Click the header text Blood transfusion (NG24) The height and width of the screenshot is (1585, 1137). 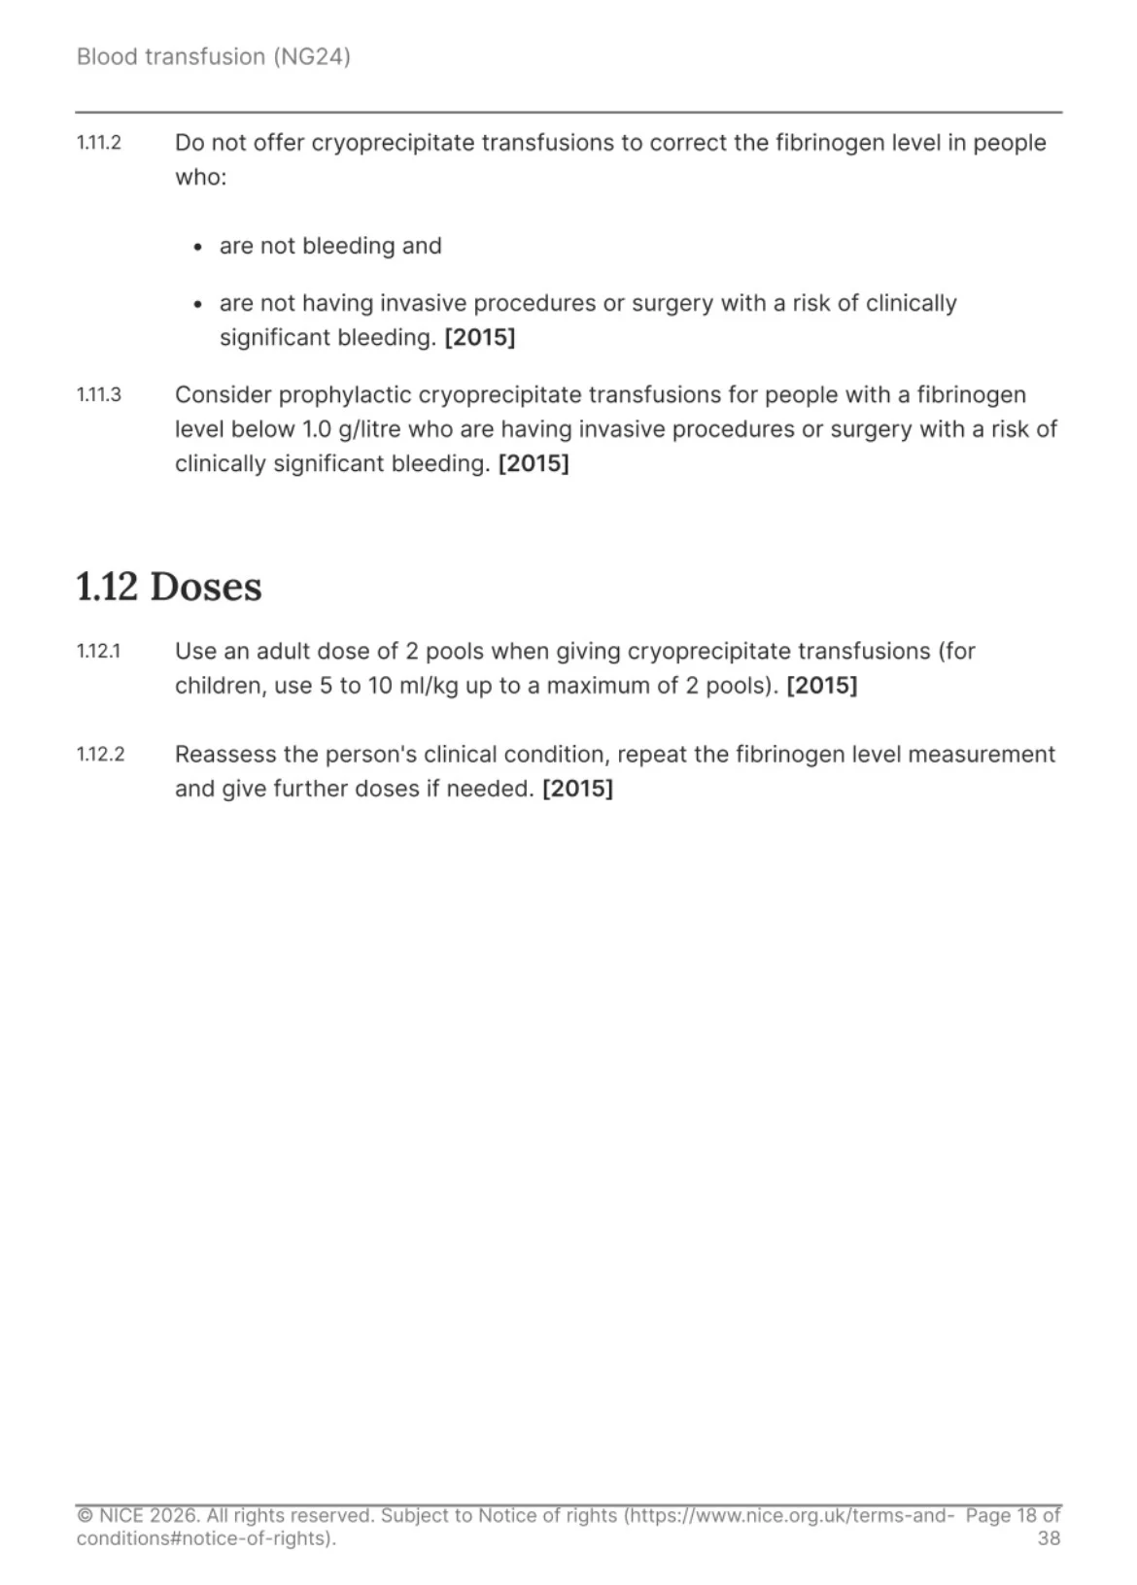[213, 56]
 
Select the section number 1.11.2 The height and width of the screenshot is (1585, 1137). [98, 143]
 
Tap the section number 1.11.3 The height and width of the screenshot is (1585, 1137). [98, 394]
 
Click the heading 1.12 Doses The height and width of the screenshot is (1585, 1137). [169, 587]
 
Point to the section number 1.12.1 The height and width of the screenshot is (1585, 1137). [98, 651]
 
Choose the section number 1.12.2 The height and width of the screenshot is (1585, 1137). [100, 754]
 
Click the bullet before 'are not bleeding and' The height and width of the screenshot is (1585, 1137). [198, 247]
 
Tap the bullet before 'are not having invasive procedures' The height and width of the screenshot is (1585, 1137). [198, 304]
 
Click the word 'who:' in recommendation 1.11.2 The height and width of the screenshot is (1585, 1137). [200, 177]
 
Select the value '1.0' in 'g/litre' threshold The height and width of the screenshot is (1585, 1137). [317, 429]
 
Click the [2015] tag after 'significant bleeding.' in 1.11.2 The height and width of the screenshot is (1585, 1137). [480, 338]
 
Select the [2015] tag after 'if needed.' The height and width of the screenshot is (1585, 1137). [577, 789]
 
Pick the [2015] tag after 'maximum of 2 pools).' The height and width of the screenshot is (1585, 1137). [821, 686]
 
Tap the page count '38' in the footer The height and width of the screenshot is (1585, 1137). [1049, 1537]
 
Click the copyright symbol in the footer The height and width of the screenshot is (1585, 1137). [85, 1515]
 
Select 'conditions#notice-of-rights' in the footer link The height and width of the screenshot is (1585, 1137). [201, 1537]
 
